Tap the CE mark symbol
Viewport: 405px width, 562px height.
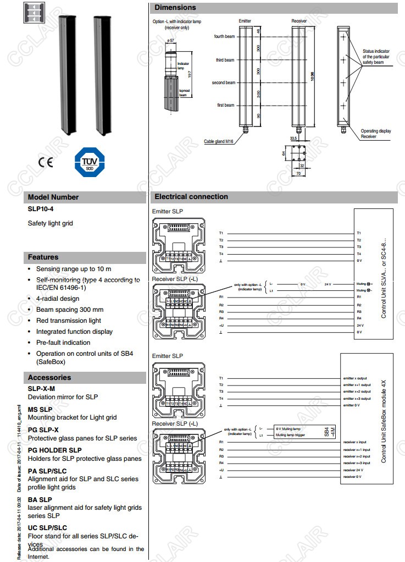click(46, 163)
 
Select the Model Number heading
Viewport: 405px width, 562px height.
click(53, 197)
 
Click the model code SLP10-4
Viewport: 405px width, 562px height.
click(41, 209)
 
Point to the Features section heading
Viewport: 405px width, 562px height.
click(43, 257)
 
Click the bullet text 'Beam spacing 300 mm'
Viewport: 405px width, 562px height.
click(69, 310)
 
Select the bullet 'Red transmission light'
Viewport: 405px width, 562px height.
click(69, 321)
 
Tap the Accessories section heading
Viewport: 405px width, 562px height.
click(49, 377)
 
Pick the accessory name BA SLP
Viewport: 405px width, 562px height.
click(40, 499)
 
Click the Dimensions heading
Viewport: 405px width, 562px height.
click(175, 8)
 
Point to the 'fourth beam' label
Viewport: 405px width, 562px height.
click(224, 36)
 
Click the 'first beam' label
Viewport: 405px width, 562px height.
click(225, 105)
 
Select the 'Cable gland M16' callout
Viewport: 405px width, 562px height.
click(219, 141)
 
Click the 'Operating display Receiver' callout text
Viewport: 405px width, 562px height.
click(376, 134)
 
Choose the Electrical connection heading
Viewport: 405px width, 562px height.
click(191, 196)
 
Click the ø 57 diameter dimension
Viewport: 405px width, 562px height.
click(170, 41)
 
